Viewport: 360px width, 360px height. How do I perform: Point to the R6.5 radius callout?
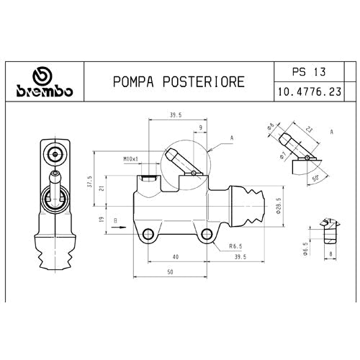click(x=235, y=246)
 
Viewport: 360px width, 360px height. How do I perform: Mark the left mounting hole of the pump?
click(x=150, y=233)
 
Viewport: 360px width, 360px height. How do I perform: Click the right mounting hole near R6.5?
click(x=207, y=233)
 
